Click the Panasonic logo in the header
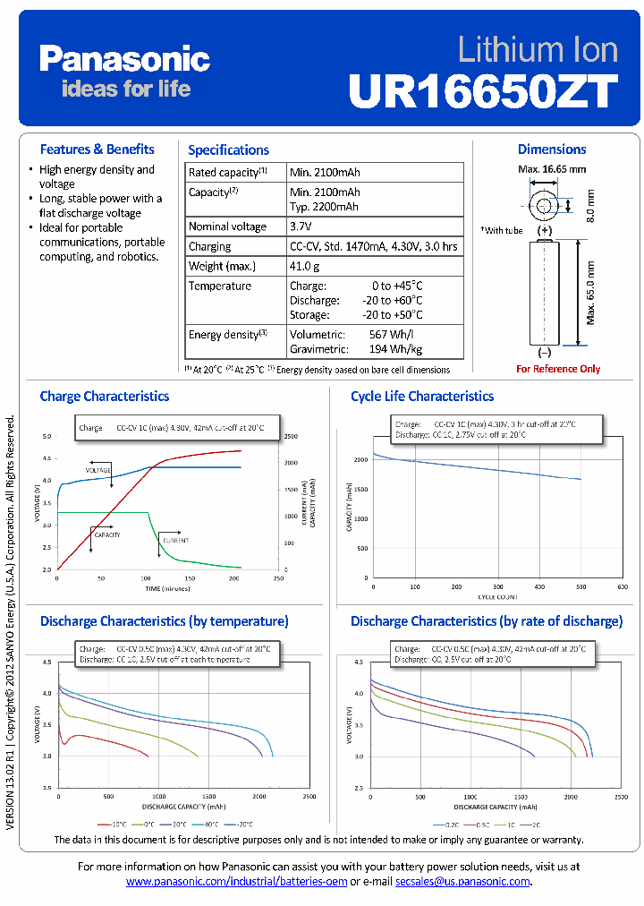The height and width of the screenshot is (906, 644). coord(124,60)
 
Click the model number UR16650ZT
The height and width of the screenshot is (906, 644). coord(483,90)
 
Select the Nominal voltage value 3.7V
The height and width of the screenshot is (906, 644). coord(301,226)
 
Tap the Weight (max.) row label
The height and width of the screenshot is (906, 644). coord(222,266)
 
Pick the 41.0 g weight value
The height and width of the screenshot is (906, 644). coord(305,266)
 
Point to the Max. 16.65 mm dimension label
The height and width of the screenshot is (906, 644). coord(552,169)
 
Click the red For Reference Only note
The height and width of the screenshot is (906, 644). coord(558,369)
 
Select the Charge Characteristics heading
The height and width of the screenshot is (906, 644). coord(105,396)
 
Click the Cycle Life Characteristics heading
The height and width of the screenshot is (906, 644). coord(422,396)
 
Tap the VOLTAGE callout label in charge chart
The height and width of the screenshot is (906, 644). coord(98,470)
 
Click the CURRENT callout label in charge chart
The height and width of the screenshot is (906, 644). coord(175,541)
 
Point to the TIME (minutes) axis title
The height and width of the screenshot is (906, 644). coord(168,589)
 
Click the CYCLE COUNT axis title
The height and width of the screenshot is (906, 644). coord(497,595)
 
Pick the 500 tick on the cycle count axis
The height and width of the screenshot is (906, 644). coord(580,586)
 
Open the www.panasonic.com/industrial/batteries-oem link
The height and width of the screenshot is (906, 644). coord(236,882)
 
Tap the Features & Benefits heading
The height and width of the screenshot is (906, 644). coord(97,150)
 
